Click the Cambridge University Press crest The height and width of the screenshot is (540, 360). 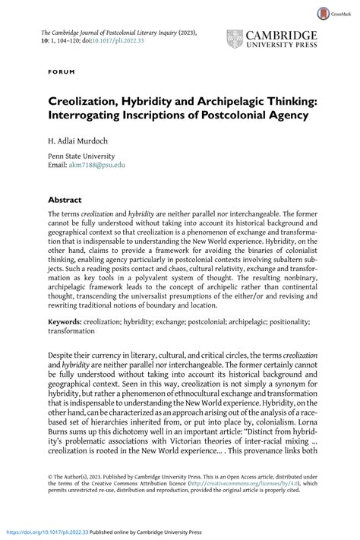(x=235, y=40)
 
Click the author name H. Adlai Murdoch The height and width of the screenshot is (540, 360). (x=80, y=141)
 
